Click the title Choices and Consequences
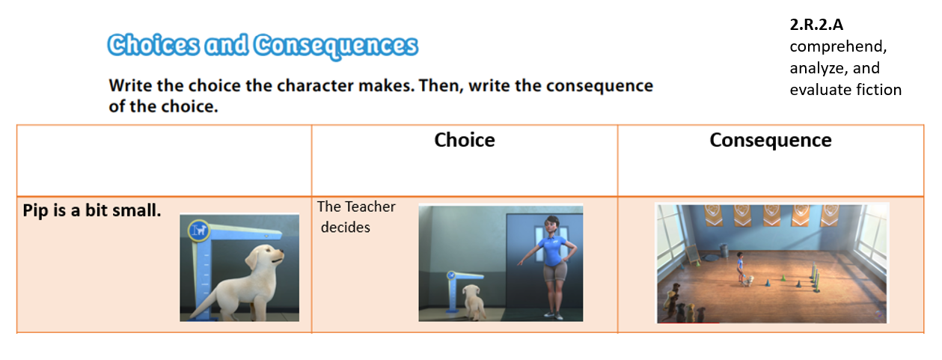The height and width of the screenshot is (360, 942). coord(263,46)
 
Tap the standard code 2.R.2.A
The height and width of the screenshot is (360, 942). coord(816,25)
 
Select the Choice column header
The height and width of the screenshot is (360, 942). coord(465,140)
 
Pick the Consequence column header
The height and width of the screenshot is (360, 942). coord(771,141)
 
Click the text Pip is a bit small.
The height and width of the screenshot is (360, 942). coord(92,210)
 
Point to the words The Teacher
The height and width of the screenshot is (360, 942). coord(356,207)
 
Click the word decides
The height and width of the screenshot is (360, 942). coord(345,227)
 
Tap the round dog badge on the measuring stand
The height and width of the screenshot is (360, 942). coord(199,231)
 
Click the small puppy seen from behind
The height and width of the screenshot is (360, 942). coord(474,302)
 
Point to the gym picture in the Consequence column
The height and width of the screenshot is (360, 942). coord(771,263)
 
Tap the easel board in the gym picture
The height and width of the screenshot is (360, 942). coord(692,254)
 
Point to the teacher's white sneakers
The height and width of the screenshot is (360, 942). coord(554,315)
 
